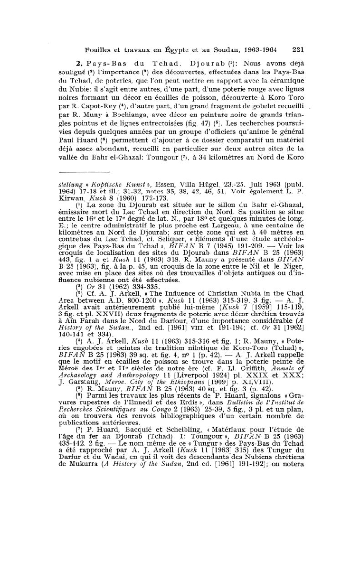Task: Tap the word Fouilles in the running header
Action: [98, 49]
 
